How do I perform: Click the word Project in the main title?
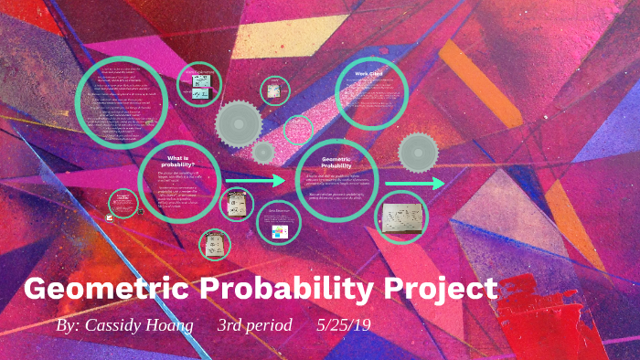coord(438,289)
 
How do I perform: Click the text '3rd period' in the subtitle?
coord(254,326)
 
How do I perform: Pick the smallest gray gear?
coord(263,152)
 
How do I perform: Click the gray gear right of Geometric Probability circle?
coord(420,152)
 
